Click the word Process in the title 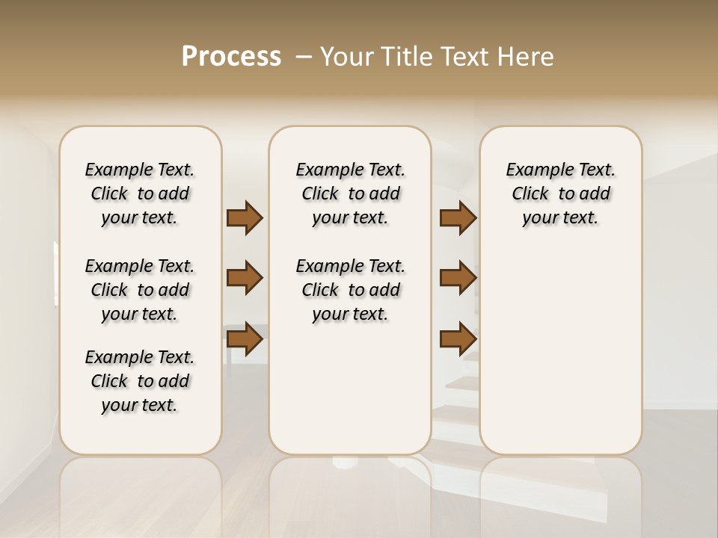point(231,56)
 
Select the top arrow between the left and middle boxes point(245,218)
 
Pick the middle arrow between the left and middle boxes point(245,278)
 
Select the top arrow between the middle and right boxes point(458,218)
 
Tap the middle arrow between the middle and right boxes point(458,278)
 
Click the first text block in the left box point(140,194)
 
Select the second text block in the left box point(140,290)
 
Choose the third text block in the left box point(140,381)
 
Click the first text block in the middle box point(350,194)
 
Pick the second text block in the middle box point(350,290)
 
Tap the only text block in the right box point(560,194)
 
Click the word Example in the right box point(534,170)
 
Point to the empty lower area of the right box point(560,351)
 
